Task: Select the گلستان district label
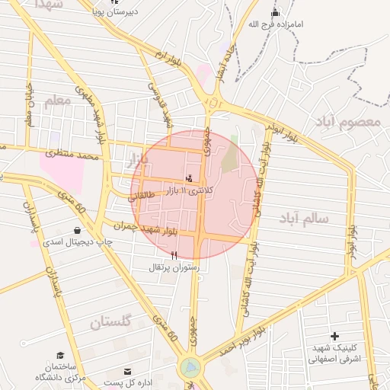(x=111, y=322)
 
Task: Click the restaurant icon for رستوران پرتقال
(x=175, y=255)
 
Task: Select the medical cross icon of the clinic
(x=334, y=336)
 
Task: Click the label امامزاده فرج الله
(x=276, y=24)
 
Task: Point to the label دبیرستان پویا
(x=114, y=13)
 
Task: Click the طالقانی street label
(x=142, y=196)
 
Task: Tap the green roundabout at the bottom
(x=190, y=367)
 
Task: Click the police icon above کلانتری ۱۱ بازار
(x=189, y=178)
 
